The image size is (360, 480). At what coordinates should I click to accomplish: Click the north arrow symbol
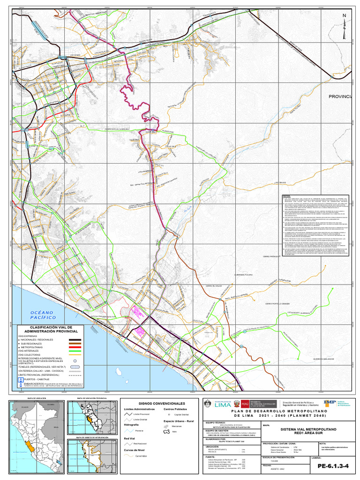click(345, 26)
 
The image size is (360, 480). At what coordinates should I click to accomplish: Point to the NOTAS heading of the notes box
click(286, 196)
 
